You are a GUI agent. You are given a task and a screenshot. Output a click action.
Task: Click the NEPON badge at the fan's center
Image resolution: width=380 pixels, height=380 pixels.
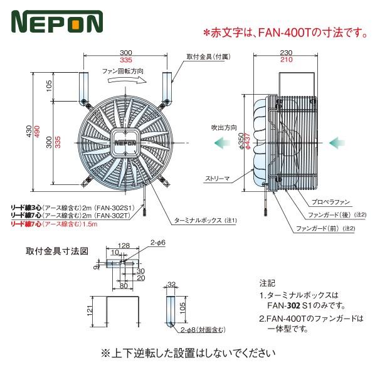click(x=126, y=142)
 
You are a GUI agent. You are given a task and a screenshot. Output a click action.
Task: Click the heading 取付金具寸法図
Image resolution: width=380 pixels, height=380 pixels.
click(x=56, y=251)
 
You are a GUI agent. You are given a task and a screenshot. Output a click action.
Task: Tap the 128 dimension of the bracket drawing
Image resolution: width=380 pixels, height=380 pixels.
click(x=123, y=246)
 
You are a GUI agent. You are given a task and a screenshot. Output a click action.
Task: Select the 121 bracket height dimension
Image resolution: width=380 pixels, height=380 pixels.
click(x=90, y=310)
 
